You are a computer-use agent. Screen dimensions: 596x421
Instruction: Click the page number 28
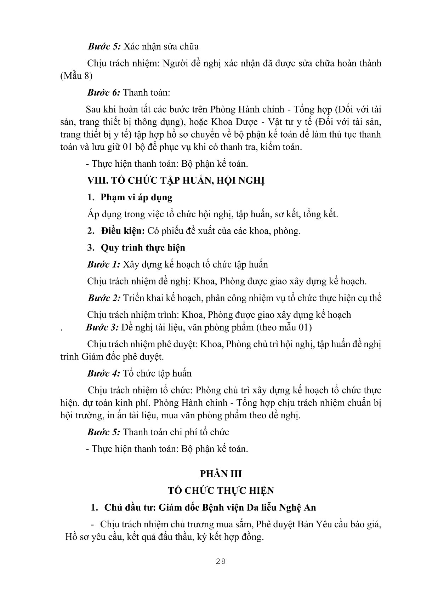click(220, 561)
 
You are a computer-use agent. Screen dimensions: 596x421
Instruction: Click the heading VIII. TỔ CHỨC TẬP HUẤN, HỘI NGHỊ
click(176, 180)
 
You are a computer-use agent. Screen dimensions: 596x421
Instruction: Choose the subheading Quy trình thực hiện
click(143, 247)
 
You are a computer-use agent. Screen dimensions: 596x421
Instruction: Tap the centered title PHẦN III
click(221, 474)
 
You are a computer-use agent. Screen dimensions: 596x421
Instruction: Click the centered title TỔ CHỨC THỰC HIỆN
click(221, 491)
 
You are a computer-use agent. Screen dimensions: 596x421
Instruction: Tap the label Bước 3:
click(102, 327)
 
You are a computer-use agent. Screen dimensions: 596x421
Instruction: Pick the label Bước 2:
click(104, 298)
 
